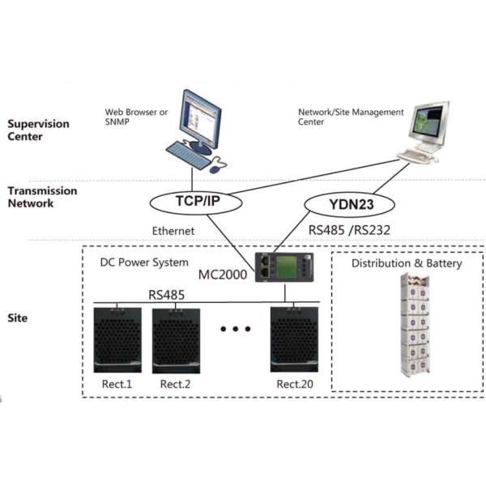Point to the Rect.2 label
click(x=175, y=383)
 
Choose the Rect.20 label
click(x=294, y=383)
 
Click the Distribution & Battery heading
click(x=407, y=264)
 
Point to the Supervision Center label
click(x=38, y=130)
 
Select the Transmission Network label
click(x=42, y=197)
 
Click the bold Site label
click(x=18, y=318)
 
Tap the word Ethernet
click(x=174, y=230)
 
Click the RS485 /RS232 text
click(x=350, y=230)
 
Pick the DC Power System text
click(x=144, y=262)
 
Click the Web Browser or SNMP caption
click(x=136, y=118)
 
